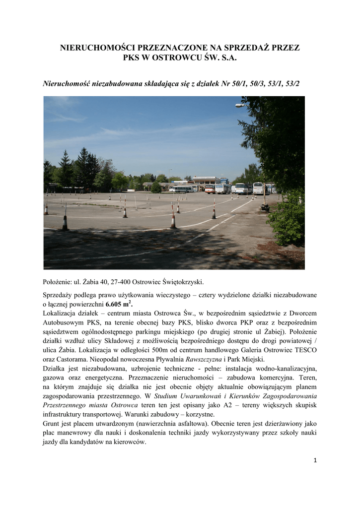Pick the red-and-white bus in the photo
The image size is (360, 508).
(210, 189)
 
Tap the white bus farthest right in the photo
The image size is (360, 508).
(258, 188)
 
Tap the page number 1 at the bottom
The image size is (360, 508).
(315, 460)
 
